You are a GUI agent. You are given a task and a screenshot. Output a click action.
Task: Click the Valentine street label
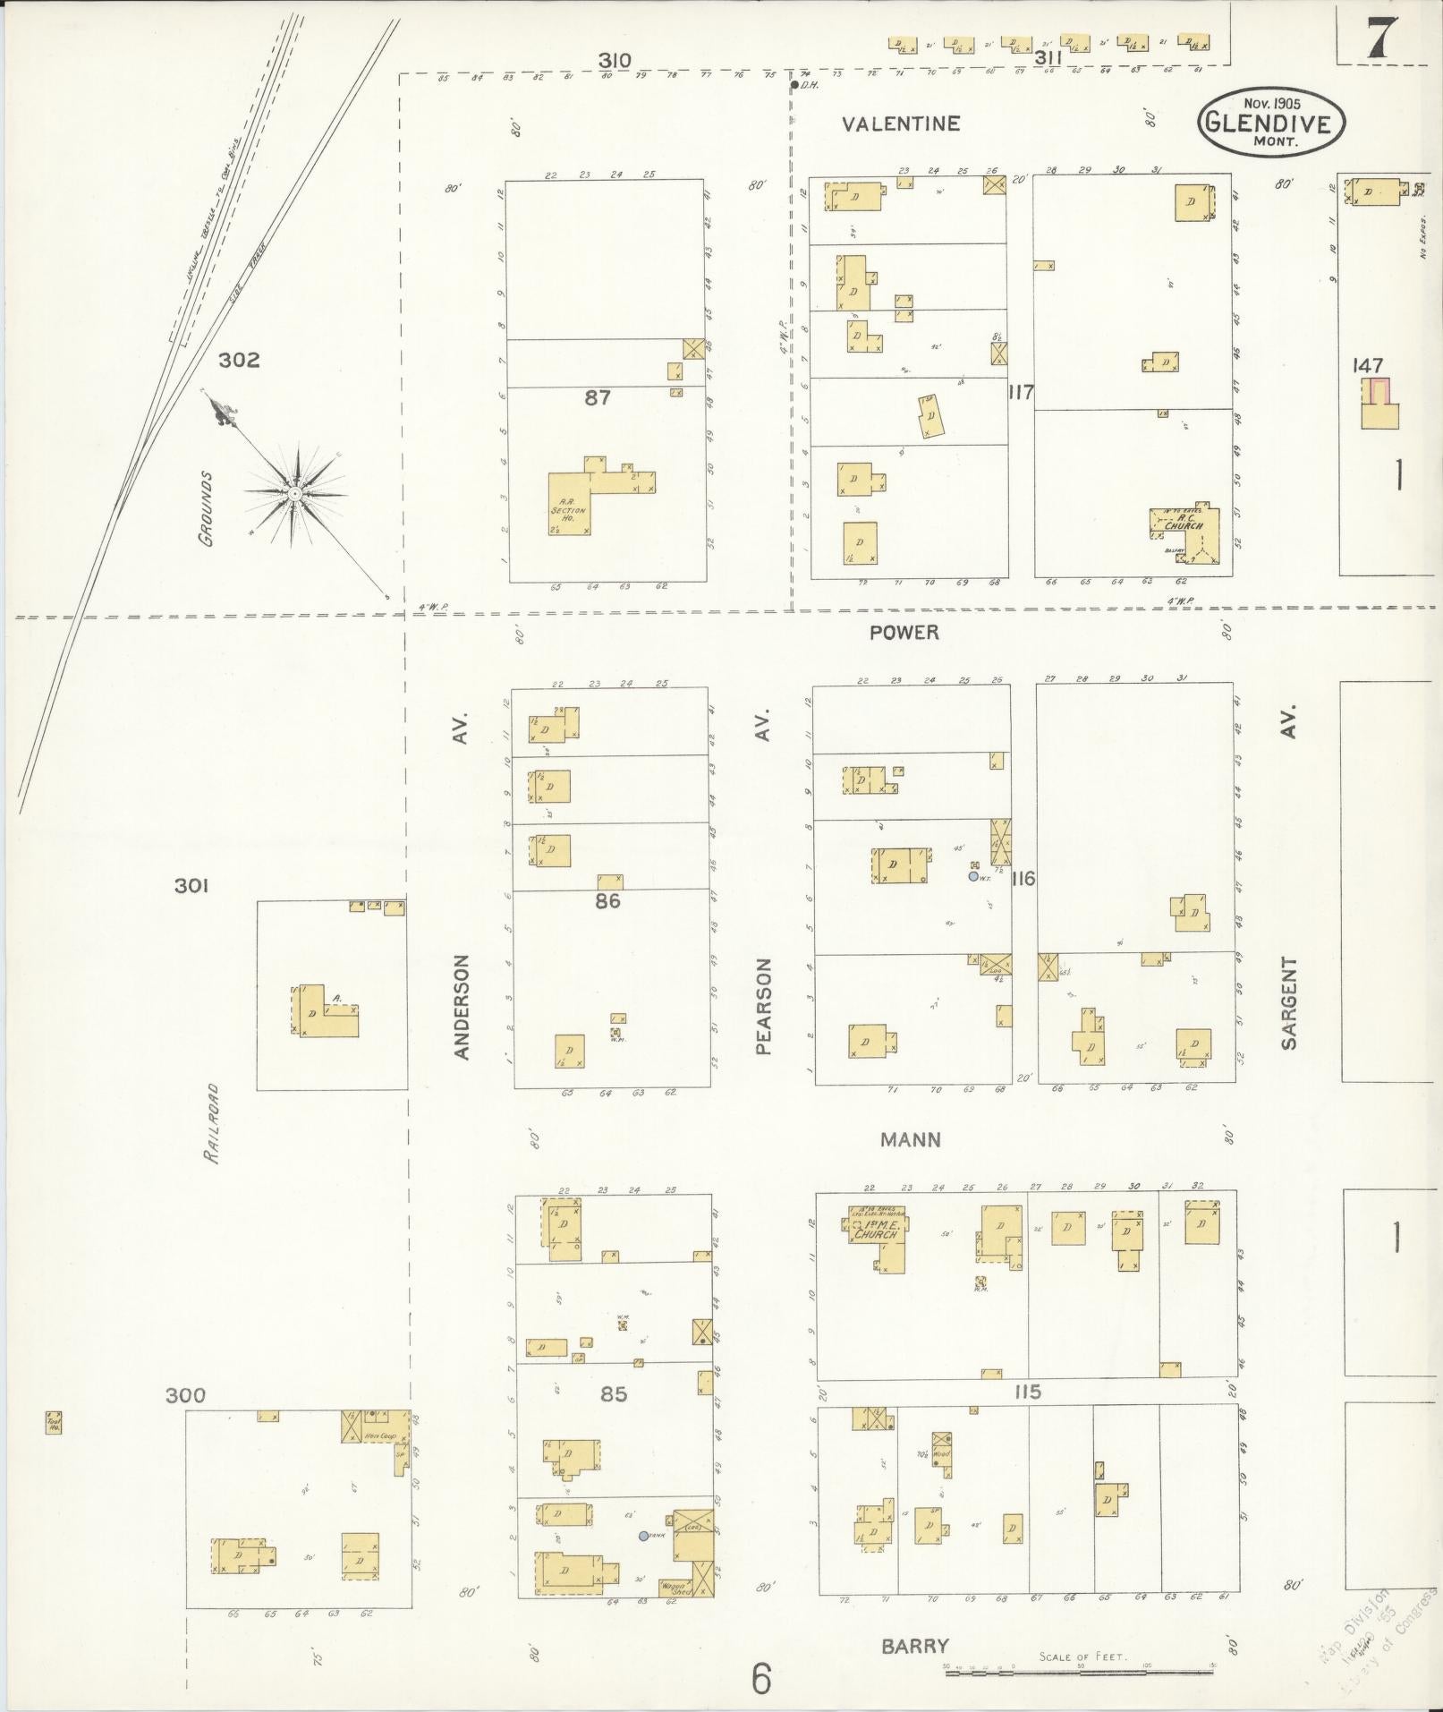(x=900, y=124)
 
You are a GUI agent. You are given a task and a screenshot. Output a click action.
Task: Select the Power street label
(x=904, y=633)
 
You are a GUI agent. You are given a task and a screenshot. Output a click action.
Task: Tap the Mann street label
(x=910, y=1139)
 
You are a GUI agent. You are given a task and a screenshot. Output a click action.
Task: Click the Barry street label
(x=914, y=1645)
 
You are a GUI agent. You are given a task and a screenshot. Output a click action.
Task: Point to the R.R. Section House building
(x=570, y=505)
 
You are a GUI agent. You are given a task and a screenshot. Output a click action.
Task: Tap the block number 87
(x=598, y=396)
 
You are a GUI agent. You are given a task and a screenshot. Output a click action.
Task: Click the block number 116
(x=1023, y=878)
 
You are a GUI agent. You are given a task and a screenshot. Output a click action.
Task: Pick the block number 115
(x=1028, y=1392)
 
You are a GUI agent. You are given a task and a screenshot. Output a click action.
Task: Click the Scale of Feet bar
(x=1079, y=1668)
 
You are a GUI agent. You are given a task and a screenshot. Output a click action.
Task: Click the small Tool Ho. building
(x=54, y=1422)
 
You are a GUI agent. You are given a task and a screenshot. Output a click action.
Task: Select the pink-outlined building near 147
(x=1379, y=392)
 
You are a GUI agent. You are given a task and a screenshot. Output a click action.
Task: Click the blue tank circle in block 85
(x=643, y=1536)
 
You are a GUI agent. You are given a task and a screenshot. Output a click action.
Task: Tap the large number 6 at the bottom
(x=760, y=1679)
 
